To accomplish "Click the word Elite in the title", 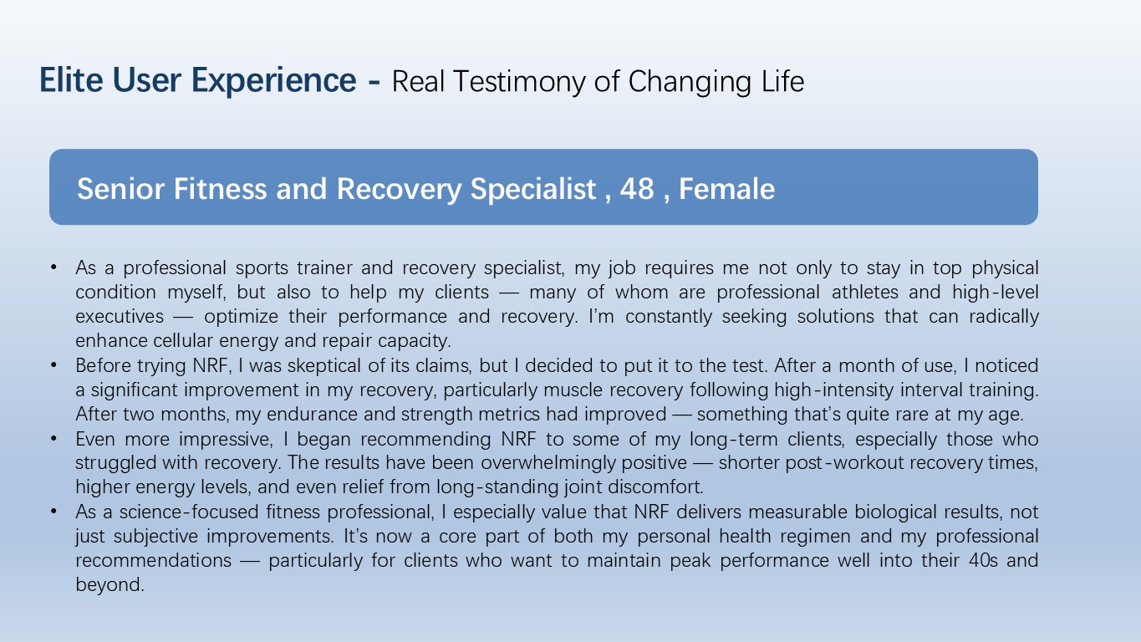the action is point(71,80).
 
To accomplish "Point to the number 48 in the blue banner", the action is point(637,189).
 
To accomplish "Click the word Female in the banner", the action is point(727,189).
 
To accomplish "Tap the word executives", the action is point(120,317).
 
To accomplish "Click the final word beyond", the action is point(110,585).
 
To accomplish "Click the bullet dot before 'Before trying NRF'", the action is point(53,364).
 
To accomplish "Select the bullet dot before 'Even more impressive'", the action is point(53,438).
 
